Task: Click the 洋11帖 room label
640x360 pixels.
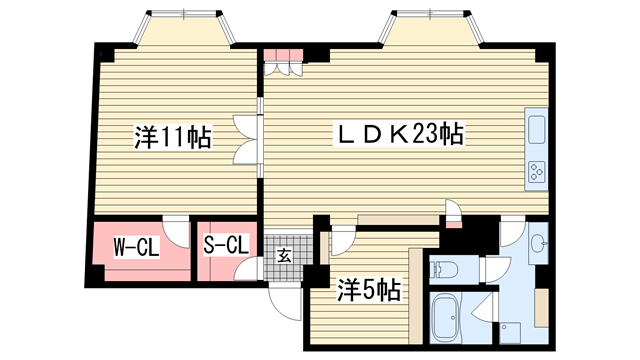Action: [173, 137]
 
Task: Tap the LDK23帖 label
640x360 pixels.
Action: [399, 133]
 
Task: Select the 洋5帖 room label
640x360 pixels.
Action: [368, 290]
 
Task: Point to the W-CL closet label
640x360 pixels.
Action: [136, 247]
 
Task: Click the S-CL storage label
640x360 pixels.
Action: [226, 244]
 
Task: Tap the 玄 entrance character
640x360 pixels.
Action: [284, 256]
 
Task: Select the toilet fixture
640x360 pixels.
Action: [444, 269]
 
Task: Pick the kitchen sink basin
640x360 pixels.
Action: [536, 129]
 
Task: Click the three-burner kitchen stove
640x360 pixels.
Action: [537, 172]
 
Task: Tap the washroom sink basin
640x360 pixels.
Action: [539, 244]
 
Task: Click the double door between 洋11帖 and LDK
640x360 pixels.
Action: [248, 140]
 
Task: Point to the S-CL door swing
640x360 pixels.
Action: [248, 269]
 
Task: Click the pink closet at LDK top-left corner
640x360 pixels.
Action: [284, 55]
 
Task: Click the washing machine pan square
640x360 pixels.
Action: [511, 333]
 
